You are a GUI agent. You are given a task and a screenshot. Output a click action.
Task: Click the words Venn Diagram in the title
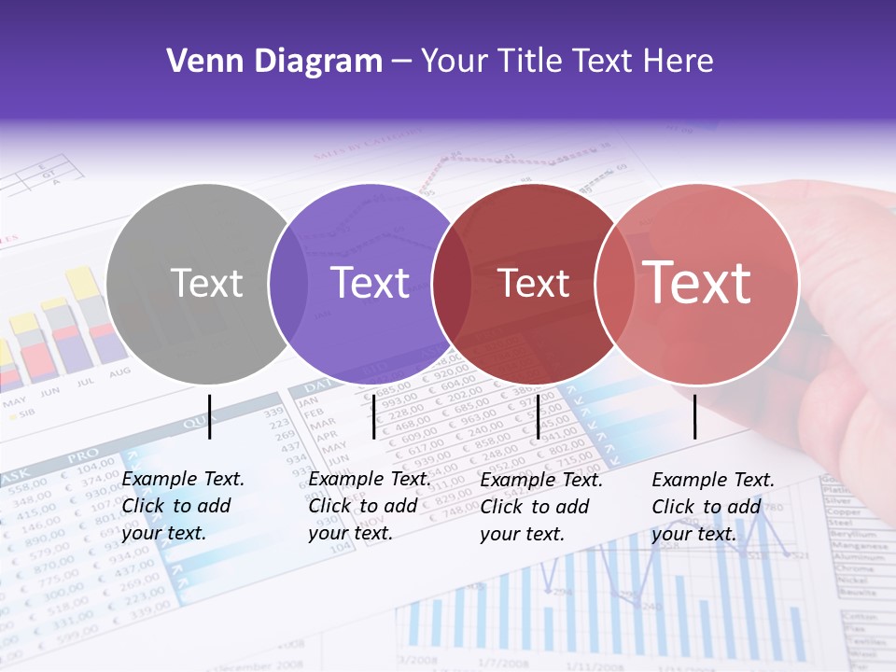click(274, 62)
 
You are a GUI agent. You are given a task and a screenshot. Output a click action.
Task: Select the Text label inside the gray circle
click(206, 283)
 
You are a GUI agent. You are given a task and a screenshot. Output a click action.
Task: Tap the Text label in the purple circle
click(371, 283)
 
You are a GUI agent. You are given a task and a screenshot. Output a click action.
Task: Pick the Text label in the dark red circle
click(534, 283)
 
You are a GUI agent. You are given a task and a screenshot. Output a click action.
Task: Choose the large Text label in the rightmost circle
click(697, 283)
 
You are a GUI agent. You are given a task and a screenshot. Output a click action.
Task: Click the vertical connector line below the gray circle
click(210, 416)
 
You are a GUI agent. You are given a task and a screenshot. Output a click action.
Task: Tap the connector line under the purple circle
click(373, 416)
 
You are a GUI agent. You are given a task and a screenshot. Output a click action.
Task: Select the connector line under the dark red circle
click(539, 416)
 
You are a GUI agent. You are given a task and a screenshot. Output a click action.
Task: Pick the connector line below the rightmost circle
click(694, 416)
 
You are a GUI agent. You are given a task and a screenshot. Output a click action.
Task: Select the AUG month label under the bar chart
click(119, 373)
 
